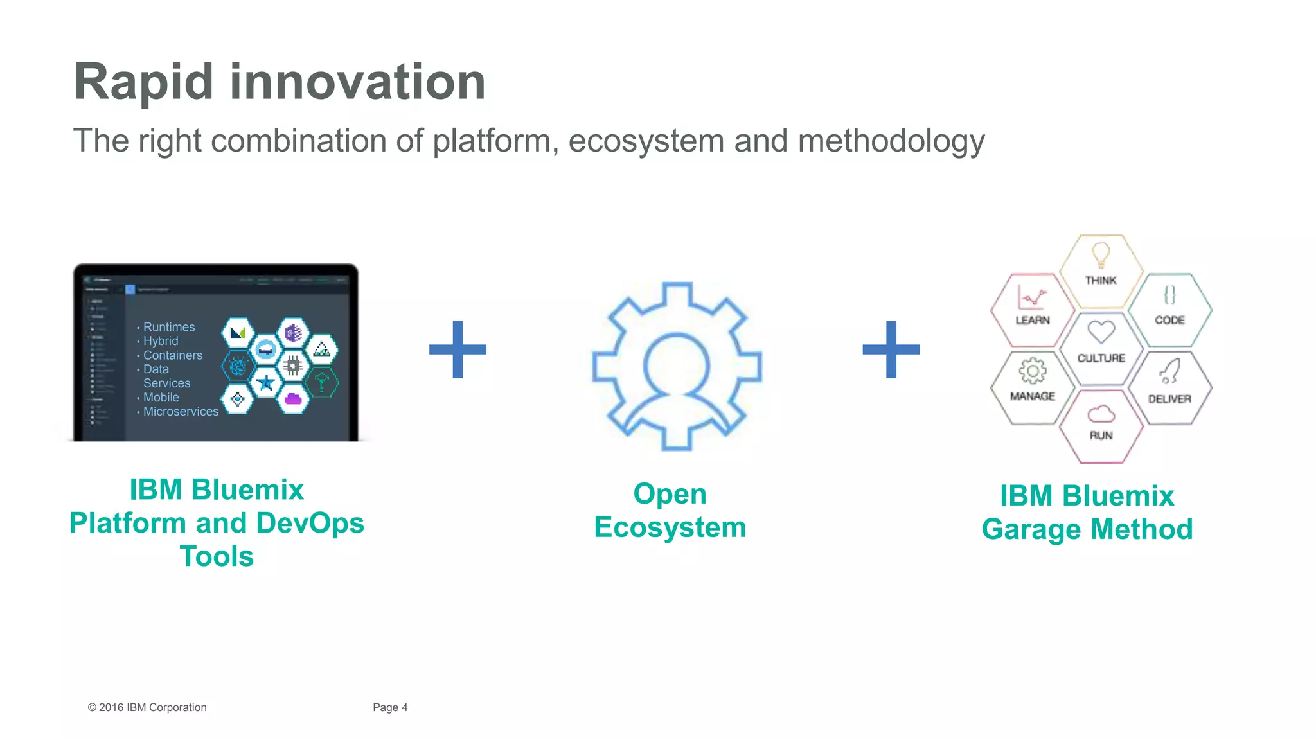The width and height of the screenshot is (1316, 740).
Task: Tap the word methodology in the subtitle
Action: (891, 141)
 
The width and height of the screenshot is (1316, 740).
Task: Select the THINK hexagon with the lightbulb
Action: (1101, 270)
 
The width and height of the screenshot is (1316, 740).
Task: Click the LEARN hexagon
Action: (1033, 309)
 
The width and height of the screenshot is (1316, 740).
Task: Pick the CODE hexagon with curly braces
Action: (1169, 309)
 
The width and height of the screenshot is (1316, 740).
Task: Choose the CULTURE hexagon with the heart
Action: (1101, 348)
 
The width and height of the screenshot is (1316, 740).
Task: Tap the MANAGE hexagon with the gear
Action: (1033, 387)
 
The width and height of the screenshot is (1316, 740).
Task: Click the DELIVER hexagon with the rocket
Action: (1169, 387)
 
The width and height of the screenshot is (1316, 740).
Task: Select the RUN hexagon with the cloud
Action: (1101, 425)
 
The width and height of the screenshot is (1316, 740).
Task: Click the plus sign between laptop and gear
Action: (458, 349)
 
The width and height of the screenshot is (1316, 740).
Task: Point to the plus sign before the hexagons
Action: (891, 349)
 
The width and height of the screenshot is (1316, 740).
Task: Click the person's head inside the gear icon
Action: (677, 364)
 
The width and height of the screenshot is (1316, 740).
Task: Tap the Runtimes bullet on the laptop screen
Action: (168, 327)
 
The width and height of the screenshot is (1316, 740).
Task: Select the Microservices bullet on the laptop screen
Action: (181, 411)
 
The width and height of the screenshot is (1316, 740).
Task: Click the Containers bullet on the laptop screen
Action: (172, 355)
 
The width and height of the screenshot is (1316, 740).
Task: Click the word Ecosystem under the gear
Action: (670, 527)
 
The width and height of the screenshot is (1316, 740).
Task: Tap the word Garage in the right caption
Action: (1031, 530)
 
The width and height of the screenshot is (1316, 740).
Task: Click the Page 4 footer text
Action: (390, 707)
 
